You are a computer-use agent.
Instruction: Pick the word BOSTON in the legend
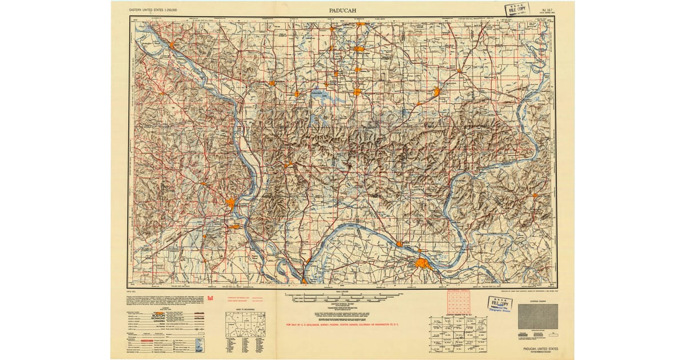(158, 315)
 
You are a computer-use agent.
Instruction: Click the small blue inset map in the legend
(198, 345)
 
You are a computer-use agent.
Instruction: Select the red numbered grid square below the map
(458, 302)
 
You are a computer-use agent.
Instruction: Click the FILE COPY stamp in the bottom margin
(499, 303)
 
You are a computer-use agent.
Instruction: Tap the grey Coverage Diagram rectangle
(537, 316)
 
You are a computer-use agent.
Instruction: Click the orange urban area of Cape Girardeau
(231, 202)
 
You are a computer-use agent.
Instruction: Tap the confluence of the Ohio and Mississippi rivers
(304, 280)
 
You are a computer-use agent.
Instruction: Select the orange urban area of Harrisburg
(437, 91)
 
